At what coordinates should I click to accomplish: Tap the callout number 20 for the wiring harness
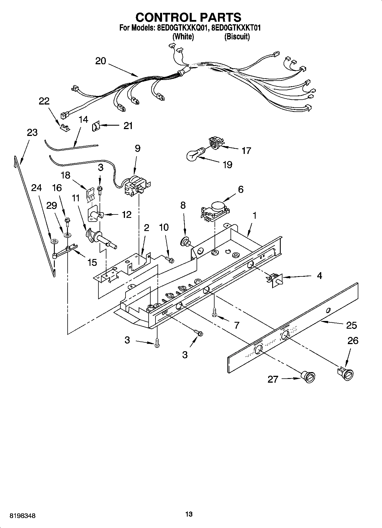click(x=100, y=61)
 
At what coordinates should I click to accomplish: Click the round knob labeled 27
click(x=308, y=376)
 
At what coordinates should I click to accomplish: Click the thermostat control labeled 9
click(x=136, y=186)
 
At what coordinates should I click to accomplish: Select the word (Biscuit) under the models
click(x=237, y=37)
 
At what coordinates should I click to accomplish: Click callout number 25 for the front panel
click(x=351, y=325)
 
